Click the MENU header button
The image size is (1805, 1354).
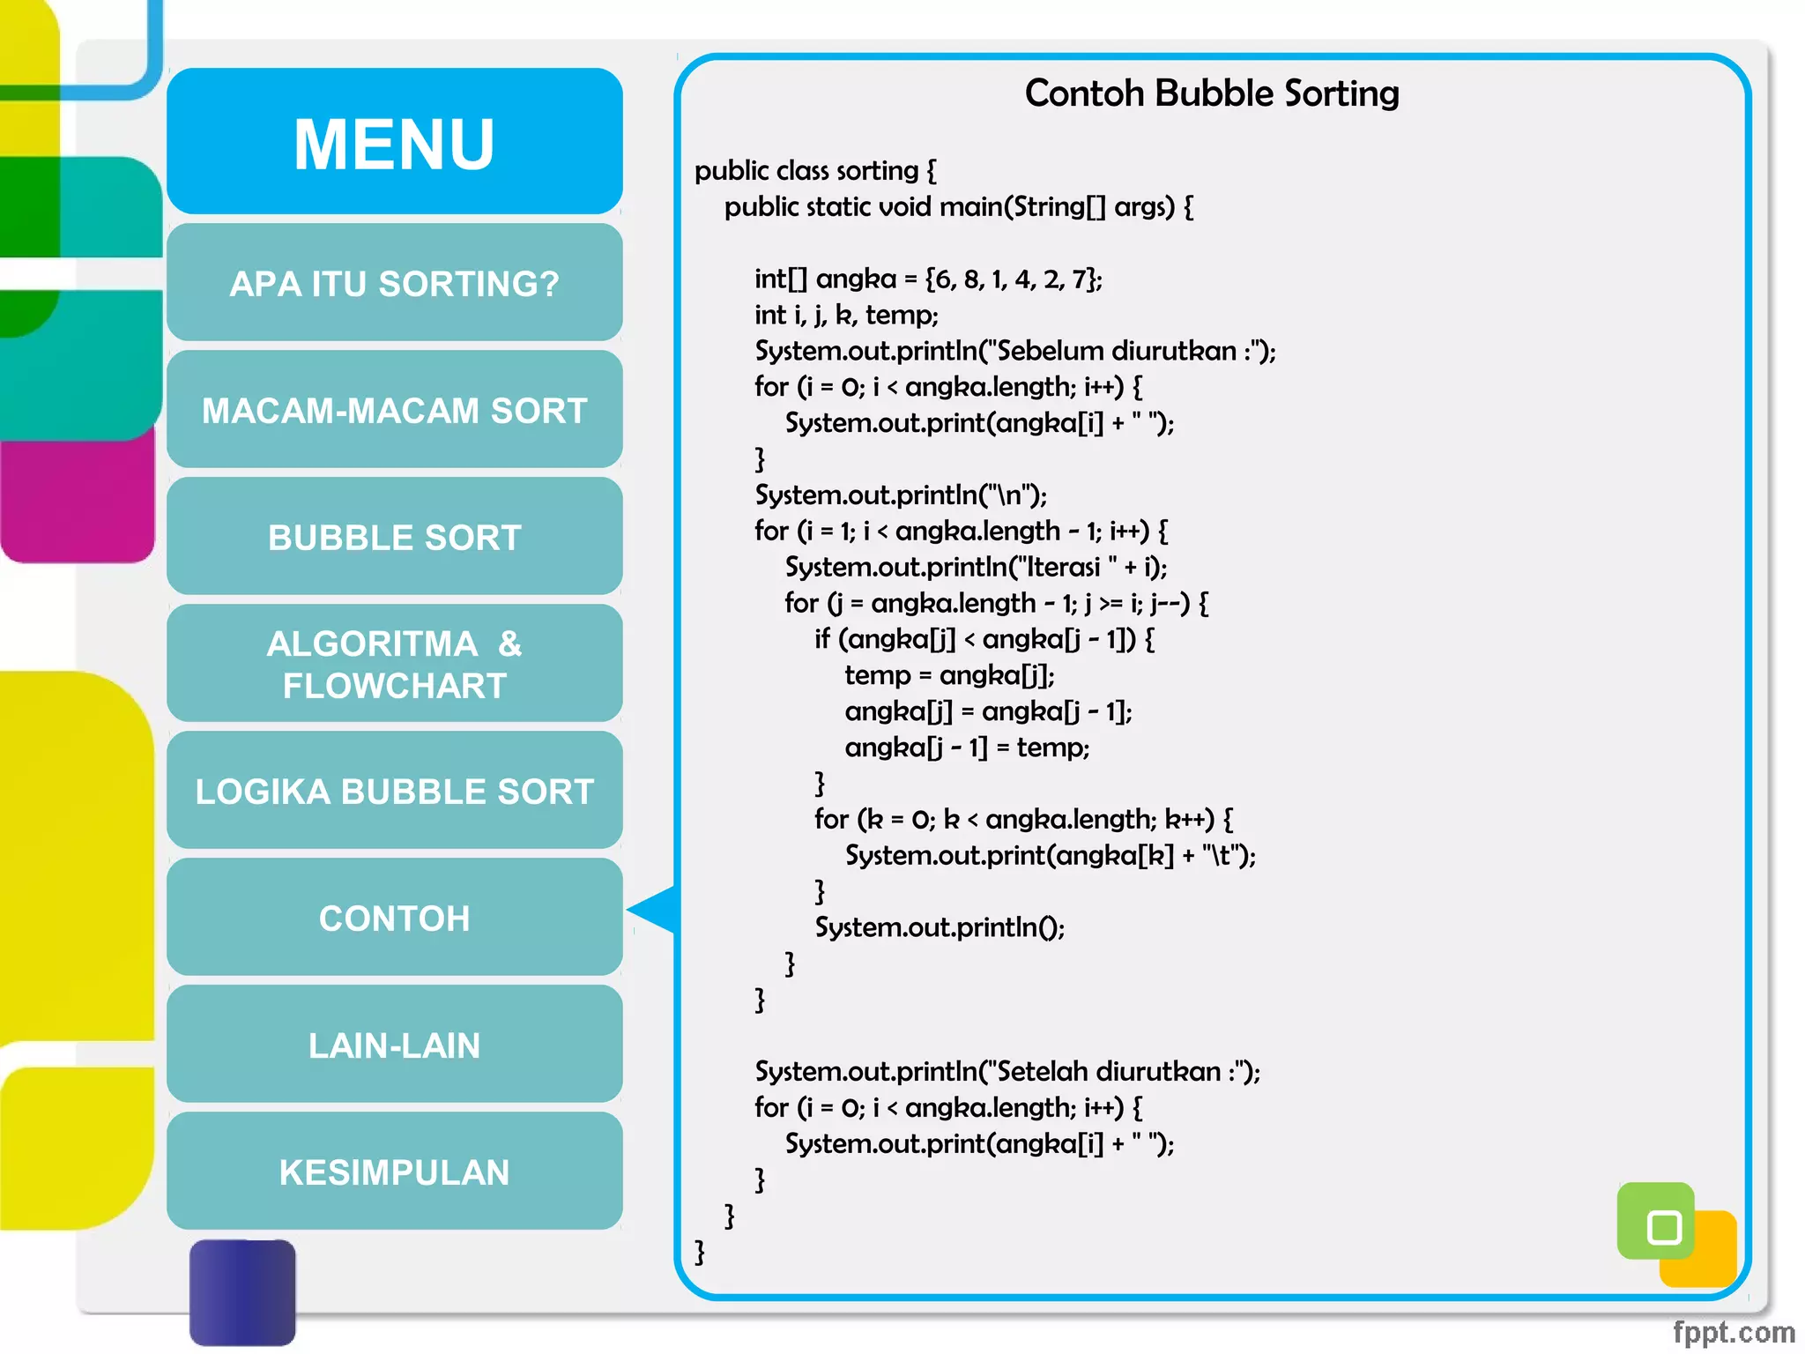[394, 142]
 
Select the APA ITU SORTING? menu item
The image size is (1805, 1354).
[394, 283]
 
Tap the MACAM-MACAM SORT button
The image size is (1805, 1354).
[394, 410]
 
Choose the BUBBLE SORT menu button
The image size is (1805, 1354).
[394, 537]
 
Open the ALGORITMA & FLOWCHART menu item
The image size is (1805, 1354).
[394, 664]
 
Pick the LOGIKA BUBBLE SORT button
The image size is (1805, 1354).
[394, 791]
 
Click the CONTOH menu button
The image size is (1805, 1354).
[394, 918]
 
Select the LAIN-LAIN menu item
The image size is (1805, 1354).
[394, 1045]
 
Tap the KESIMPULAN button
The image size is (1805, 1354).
[394, 1172]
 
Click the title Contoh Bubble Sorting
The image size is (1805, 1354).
[1211, 93]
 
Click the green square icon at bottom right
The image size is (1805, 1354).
[1656, 1222]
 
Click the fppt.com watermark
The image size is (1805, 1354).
[1733, 1331]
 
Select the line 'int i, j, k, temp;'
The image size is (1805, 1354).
[846, 315]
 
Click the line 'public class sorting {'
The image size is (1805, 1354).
[815, 170]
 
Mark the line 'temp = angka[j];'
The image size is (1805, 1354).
[949, 675]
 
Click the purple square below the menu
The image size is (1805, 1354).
[242, 1291]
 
